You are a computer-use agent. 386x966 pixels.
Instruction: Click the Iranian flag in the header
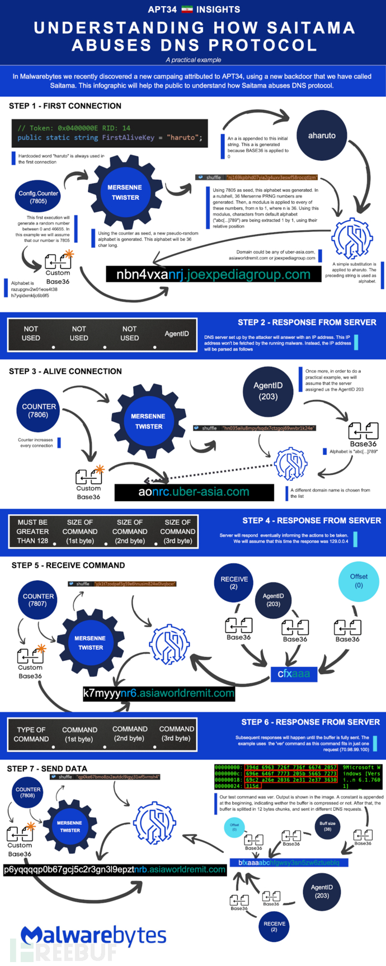pos(187,10)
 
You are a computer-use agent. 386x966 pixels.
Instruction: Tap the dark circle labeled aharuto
pos(322,136)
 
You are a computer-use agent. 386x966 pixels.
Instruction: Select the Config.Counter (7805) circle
pos(38,197)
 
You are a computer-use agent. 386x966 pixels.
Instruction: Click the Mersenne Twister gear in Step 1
pos(125,192)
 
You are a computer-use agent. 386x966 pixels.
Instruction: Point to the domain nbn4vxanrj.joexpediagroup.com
pos(213,274)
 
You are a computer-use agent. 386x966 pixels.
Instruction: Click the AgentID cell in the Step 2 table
pos(176,334)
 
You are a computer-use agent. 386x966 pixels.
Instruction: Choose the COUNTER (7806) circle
pos(39,410)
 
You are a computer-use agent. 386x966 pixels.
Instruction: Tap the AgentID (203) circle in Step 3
pos(268,391)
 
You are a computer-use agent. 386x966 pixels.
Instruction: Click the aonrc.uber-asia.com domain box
pos(194,492)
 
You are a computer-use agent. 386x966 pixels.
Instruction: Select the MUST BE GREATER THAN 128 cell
pos(32,531)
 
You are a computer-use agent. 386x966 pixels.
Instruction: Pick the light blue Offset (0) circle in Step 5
pos(359,581)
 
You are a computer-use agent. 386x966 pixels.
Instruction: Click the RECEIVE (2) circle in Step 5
pos(234,583)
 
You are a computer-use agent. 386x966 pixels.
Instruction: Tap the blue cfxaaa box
pos(294,674)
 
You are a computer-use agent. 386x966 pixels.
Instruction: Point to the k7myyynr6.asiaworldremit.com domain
pos(159,693)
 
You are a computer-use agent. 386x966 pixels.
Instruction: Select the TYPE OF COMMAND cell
pos(31,734)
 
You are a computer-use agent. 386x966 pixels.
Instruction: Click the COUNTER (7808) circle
pos(27,792)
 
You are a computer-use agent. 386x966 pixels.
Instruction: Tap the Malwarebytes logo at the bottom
pos(93,935)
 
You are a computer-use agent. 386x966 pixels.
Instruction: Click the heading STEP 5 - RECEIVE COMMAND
pos(68,565)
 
